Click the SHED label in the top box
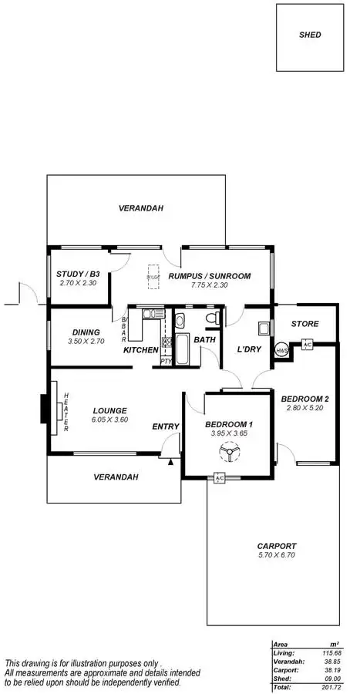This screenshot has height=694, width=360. click(310, 35)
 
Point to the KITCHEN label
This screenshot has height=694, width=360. click(141, 350)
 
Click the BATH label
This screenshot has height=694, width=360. click(204, 339)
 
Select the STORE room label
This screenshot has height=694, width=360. click(306, 324)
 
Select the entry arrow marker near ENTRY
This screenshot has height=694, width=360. click(170, 462)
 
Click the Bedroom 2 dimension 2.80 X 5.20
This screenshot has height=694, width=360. click(305, 408)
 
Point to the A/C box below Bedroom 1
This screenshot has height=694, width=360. click(219, 478)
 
